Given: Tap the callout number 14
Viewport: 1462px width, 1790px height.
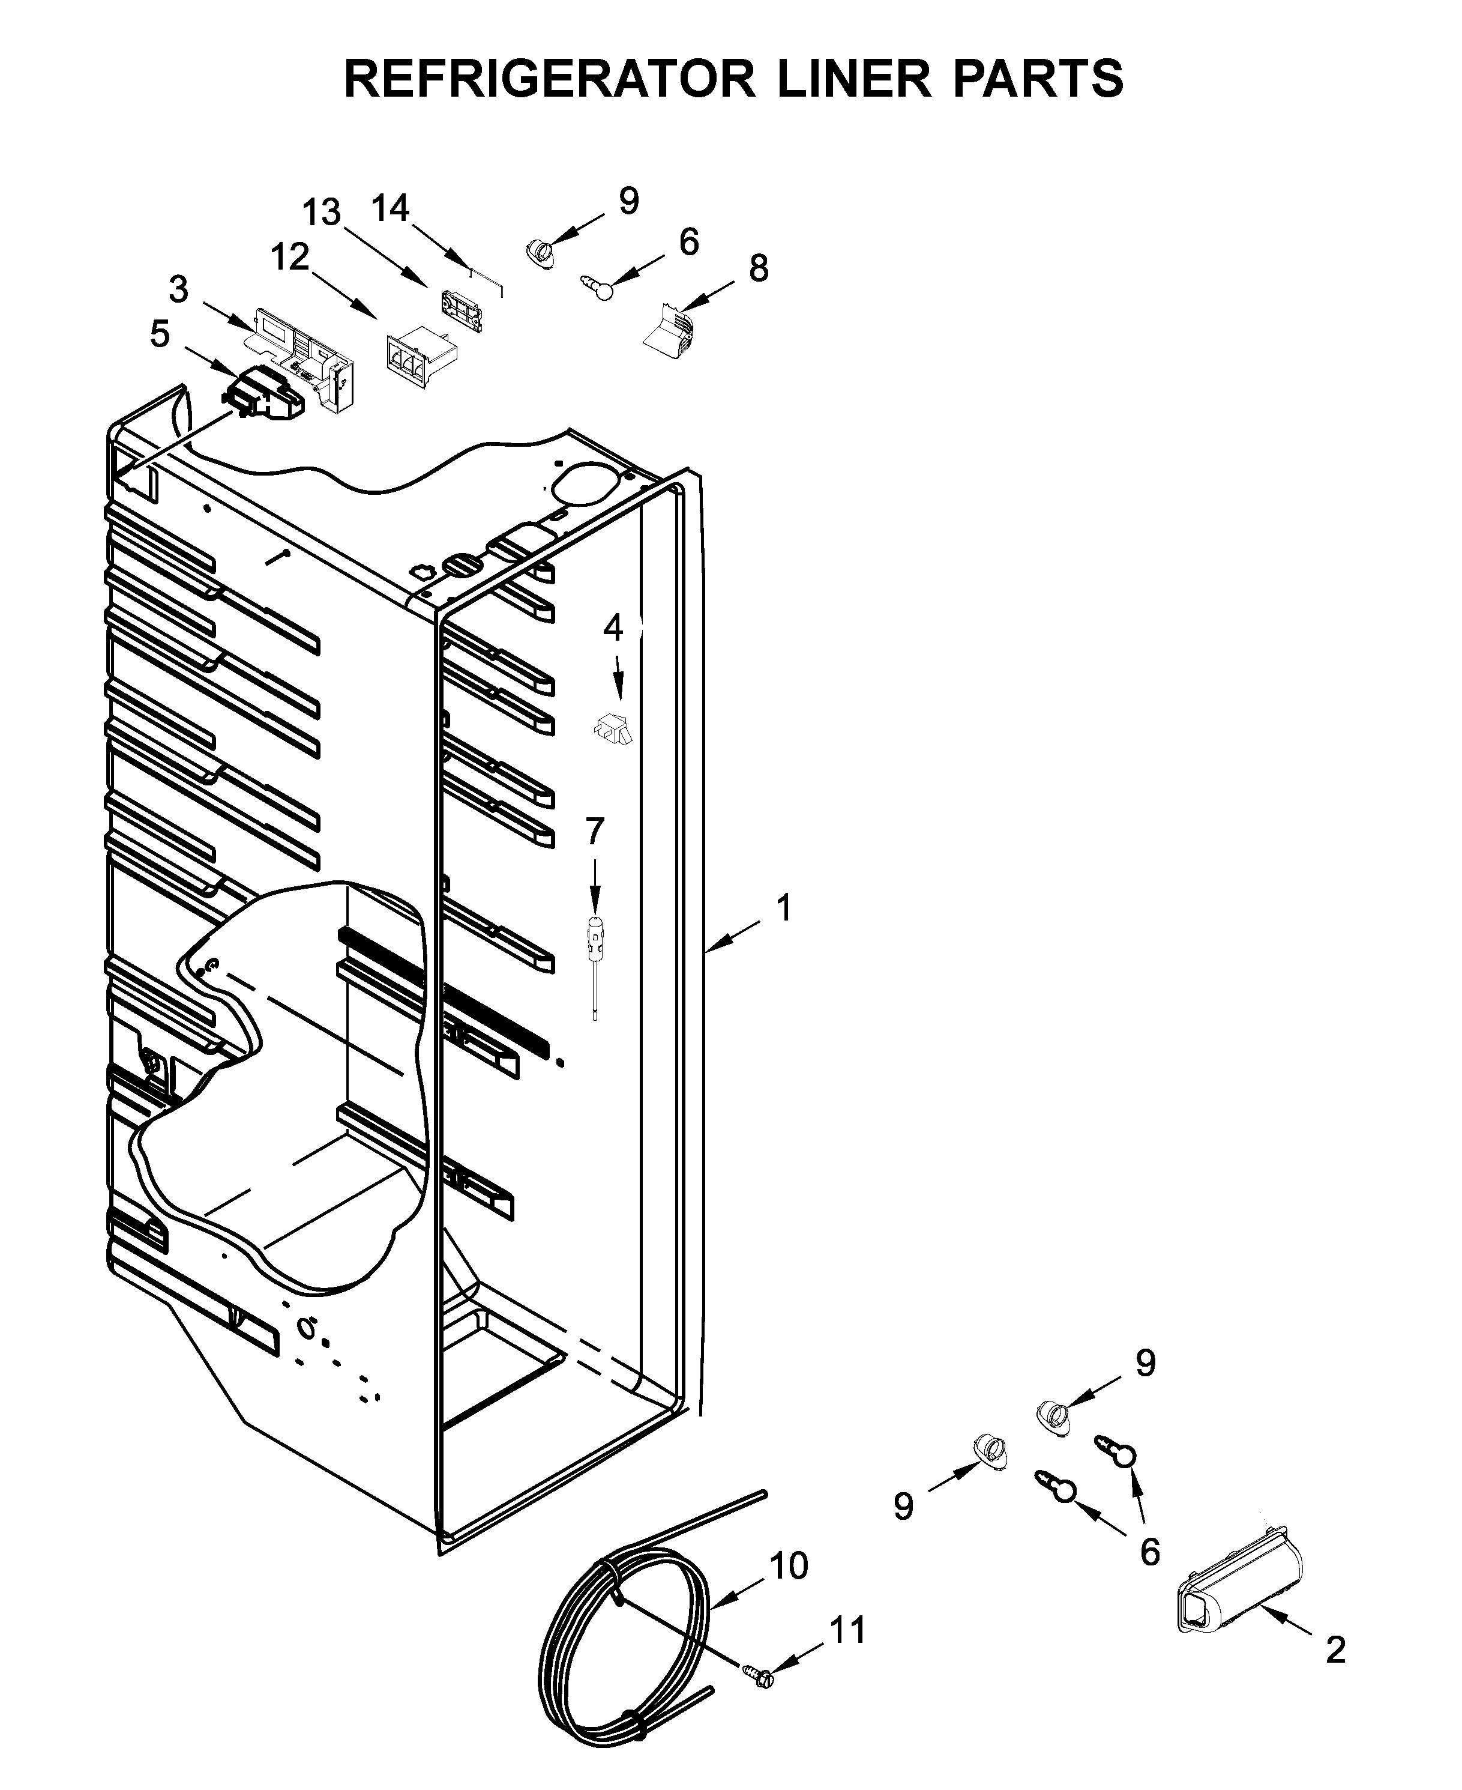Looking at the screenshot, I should coord(391,208).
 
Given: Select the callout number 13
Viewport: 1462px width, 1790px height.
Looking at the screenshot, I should coord(322,213).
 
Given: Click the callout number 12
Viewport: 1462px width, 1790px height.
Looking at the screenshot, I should coord(290,258).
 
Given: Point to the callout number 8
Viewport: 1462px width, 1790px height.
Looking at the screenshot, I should coord(758,269).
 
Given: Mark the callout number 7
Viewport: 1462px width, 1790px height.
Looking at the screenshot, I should coord(595,832).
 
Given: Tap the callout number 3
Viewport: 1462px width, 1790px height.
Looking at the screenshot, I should coord(178,290).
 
